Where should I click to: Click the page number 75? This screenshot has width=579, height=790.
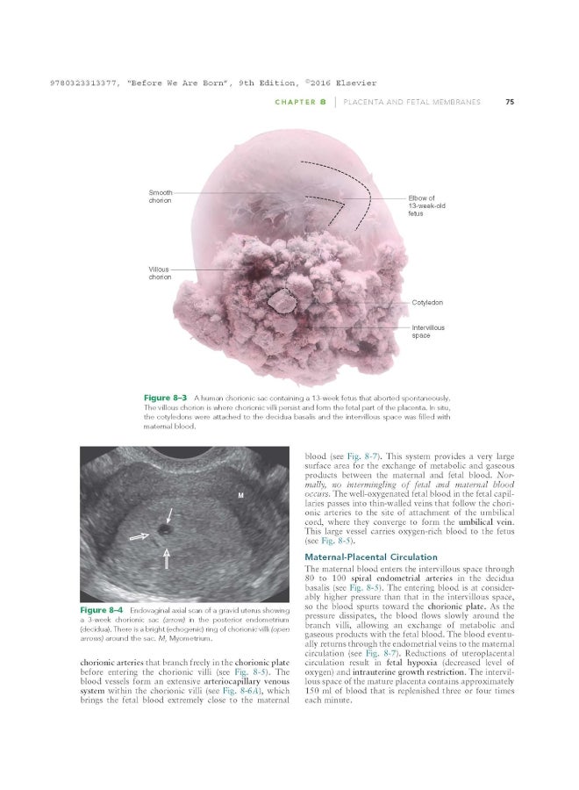coord(510,103)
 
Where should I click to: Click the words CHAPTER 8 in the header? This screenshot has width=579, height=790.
coord(302,103)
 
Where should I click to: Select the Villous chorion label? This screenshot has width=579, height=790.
coord(161,272)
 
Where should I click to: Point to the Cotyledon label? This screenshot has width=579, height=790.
coord(427,302)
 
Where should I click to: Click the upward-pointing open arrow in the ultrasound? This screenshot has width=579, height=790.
coord(165,559)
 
